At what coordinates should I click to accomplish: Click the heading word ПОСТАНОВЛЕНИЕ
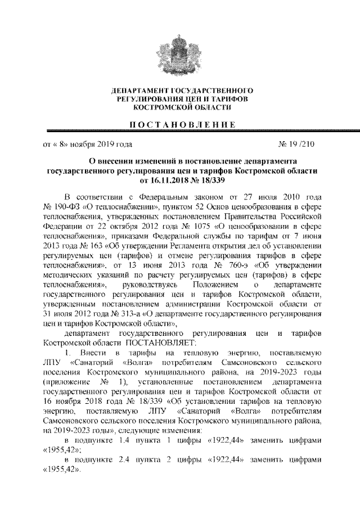point(180,124)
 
